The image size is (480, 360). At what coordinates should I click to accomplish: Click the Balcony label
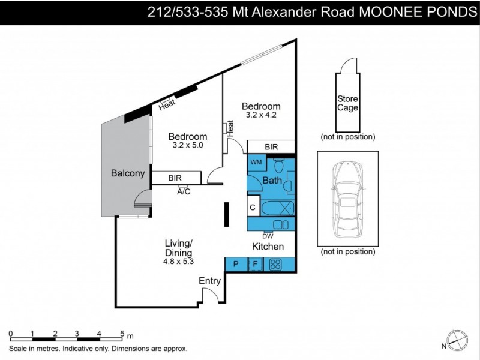pyautogui.click(x=128, y=173)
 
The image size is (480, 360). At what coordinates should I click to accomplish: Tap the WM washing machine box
pyautogui.click(x=256, y=162)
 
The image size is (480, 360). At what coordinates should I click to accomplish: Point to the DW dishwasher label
pyautogui.click(x=268, y=236)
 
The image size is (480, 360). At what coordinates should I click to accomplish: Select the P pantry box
pyautogui.click(x=235, y=263)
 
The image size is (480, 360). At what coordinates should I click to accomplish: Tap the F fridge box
pyautogui.click(x=255, y=263)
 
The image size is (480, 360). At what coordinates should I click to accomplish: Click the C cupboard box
pyautogui.click(x=253, y=208)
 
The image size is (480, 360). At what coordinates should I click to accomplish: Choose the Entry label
pyautogui.click(x=210, y=281)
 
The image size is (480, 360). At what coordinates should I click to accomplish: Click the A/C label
pyautogui.click(x=184, y=193)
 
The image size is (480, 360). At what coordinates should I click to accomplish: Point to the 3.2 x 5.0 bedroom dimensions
pyautogui.click(x=187, y=145)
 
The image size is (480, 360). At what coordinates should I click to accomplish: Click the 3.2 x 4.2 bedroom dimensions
pyautogui.click(x=260, y=115)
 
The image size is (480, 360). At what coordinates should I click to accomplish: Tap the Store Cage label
pyautogui.click(x=347, y=104)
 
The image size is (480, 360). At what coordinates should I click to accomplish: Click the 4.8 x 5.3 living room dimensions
pyautogui.click(x=178, y=261)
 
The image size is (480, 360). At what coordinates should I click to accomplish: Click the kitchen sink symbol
pyautogui.click(x=280, y=224)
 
